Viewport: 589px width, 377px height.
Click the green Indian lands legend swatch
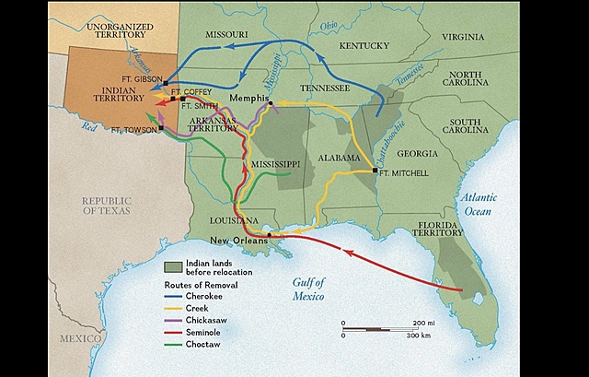(173, 267)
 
